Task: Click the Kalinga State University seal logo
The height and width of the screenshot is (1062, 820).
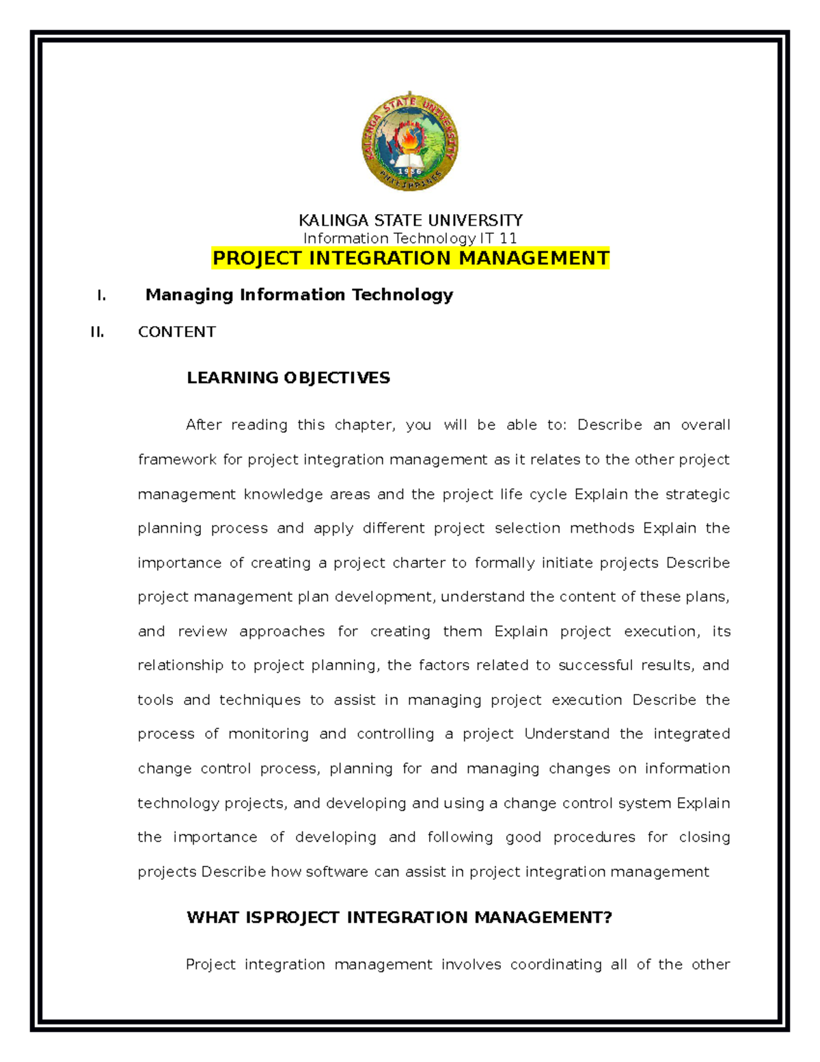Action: (x=410, y=142)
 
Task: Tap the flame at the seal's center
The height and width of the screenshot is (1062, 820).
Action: (x=409, y=140)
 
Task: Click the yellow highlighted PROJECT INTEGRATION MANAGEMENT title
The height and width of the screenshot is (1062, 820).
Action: (x=410, y=258)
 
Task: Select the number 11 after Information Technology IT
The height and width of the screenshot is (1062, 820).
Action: (x=508, y=238)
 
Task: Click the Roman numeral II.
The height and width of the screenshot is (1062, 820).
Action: (x=97, y=332)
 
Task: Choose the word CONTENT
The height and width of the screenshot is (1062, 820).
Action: (x=176, y=332)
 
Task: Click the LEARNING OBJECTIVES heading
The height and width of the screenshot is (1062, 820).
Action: (x=288, y=377)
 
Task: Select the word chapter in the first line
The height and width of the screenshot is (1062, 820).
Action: (x=364, y=425)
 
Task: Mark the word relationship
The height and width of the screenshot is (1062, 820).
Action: (x=180, y=665)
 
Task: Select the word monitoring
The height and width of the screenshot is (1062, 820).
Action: (x=268, y=734)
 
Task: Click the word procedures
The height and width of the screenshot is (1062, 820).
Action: (x=594, y=837)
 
